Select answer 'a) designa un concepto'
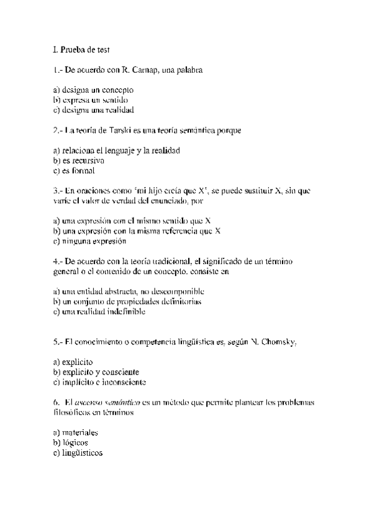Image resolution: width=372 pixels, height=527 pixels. (x=93, y=90)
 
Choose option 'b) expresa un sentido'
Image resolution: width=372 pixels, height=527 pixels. (x=91, y=99)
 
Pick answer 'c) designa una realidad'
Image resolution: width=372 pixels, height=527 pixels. (x=94, y=109)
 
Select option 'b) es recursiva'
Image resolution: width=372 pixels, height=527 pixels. (x=78, y=160)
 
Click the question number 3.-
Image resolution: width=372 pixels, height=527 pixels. (x=58, y=191)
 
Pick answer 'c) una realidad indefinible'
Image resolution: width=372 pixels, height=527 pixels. (x=99, y=311)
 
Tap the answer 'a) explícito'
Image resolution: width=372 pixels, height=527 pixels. (x=73, y=362)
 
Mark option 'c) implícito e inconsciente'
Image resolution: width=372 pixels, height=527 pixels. (x=102, y=382)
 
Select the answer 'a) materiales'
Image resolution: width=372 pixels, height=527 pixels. (x=76, y=432)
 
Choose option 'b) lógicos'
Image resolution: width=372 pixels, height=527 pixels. (x=71, y=442)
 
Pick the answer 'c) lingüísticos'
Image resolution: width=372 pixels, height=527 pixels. (x=78, y=452)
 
